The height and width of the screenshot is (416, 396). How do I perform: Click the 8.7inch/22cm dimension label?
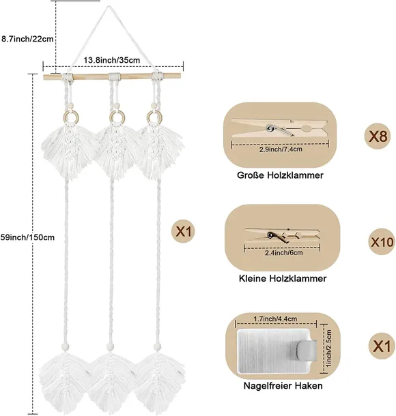pyautogui.click(x=27, y=39)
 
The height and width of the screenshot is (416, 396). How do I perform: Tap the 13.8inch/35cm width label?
pyautogui.click(x=112, y=60)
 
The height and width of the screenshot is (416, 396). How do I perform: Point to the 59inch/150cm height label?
pyautogui.click(x=27, y=237)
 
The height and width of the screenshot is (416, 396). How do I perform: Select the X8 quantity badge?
pyautogui.click(x=377, y=136)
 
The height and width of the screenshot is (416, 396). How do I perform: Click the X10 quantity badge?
pyautogui.click(x=382, y=241)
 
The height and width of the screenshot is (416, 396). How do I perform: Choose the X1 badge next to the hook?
pyautogui.click(x=382, y=346)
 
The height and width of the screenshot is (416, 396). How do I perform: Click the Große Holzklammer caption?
pyautogui.click(x=280, y=175)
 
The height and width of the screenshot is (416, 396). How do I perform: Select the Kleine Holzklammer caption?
pyautogui.click(x=283, y=278)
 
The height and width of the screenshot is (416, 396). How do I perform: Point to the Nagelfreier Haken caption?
pyautogui.click(x=283, y=385)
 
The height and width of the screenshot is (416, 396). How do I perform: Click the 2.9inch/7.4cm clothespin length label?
pyautogui.click(x=281, y=149)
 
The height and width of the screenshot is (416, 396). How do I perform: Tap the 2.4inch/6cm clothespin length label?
pyautogui.click(x=283, y=253)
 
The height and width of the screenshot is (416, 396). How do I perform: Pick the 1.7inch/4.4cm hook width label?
pyautogui.click(x=275, y=318)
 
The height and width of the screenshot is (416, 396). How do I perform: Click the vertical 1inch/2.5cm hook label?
pyautogui.click(x=328, y=348)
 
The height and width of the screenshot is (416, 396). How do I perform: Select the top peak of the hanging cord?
pyautogui.click(x=107, y=7)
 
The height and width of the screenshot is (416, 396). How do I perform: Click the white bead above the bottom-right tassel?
pyautogui.click(x=156, y=346)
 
